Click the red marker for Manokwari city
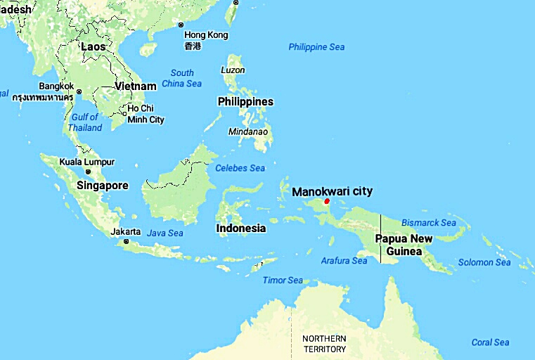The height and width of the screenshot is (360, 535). point(327,201)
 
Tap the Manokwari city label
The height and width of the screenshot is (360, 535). point(332,191)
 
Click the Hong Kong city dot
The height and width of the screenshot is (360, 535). point(181,25)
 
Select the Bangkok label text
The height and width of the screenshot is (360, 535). point(56,86)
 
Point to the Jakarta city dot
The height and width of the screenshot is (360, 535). point(126,242)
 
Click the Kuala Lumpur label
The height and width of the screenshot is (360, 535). point(87,162)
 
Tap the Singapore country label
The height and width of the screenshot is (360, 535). point(103,186)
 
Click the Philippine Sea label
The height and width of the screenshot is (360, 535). point(316,47)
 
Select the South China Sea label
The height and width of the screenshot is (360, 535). point(182,78)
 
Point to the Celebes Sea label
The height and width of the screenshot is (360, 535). point(240,168)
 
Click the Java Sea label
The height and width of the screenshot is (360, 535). point(165,233)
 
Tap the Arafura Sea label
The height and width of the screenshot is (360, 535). point(344,261)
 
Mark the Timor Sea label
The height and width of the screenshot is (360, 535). point(283,280)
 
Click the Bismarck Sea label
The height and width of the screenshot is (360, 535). point(428,223)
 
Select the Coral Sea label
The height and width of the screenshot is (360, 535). point(490,342)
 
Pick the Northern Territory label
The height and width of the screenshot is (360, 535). point(324,344)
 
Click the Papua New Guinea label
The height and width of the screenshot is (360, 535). point(404,245)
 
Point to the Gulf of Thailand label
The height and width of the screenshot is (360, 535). point(84,122)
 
